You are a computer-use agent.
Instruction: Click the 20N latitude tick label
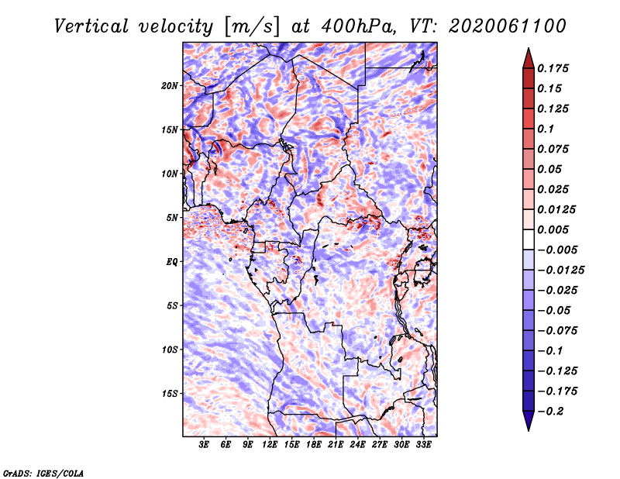pos(170,86)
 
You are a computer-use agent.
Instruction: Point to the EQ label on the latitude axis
pos(171,262)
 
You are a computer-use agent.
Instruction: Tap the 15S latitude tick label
pos(170,394)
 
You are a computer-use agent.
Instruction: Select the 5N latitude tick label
pos(172,218)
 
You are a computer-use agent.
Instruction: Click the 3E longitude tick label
pos(204,445)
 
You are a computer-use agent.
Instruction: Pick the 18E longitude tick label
pos(314,445)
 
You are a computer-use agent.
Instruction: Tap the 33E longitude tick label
pos(423,445)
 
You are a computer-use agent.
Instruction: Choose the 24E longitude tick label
pos(357,445)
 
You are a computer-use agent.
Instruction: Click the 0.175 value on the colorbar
pos(553,68)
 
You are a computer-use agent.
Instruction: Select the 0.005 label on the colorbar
pos(553,229)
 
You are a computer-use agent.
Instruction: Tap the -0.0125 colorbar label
pos(560,271)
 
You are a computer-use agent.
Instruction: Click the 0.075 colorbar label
pos(553,149)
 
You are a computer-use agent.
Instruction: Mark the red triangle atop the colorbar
pos(529,60)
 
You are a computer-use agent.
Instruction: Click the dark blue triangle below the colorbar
pos(529,420)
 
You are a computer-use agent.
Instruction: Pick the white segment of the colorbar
pos(529,239)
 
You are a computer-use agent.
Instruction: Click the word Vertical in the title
pos(91,26)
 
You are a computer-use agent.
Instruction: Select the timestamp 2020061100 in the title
pos(508,26)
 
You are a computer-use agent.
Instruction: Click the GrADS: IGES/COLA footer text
pos(43,473)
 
